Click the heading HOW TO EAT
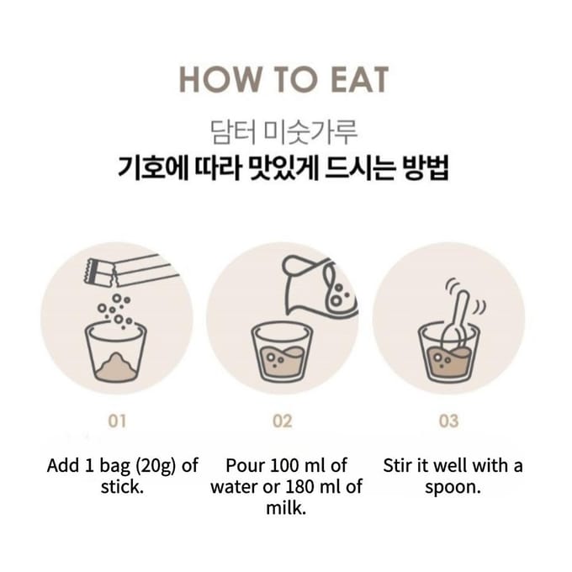(x=284, y=80)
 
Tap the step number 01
(x=117, y=421)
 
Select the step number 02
(x=283, y=421)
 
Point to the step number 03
(x=448, y=421)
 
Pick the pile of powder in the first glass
(x=115, y=365)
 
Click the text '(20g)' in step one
(x=156, y=467)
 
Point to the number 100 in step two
(x=284, y=465)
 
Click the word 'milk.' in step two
(x=286, y=508)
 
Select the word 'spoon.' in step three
(x=453, y=488)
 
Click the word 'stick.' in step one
(x=122, y=487)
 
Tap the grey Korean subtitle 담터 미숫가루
(x=283, y=132)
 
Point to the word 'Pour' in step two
(x=242, y=465)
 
